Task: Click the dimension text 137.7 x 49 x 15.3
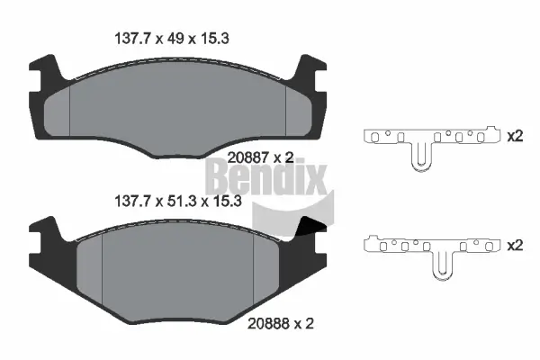tap(180, 40)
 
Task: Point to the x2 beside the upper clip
tap(515, 137)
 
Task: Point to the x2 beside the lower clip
tap(515, 244)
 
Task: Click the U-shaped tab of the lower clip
tap(442, 266)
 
